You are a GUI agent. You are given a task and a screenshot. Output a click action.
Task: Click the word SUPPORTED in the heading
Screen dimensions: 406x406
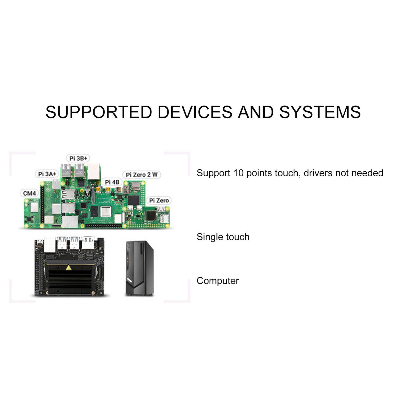coord(99,112)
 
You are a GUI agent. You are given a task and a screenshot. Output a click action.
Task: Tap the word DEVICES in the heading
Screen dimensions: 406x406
coord(195,112)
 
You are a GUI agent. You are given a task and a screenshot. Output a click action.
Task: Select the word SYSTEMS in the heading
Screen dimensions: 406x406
coord(320,112)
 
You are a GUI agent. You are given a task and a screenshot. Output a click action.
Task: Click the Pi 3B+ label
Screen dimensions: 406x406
coord(78,158)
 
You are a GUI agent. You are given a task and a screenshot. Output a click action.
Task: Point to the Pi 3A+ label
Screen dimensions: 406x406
coord(47,174)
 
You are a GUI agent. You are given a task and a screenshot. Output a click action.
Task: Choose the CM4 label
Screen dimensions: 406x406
coord(29,193)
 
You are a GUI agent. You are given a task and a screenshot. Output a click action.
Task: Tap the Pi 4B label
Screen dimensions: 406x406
coord(112,182)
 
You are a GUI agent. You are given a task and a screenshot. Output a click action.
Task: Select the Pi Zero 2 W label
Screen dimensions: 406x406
coord(142,175)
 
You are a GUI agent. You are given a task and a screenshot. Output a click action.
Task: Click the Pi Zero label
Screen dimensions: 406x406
coord(159,200)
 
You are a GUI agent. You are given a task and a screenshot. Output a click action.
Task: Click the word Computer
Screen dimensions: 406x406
coord(218,281)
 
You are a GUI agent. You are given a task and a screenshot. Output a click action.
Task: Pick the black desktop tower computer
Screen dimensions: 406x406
coord(140,268)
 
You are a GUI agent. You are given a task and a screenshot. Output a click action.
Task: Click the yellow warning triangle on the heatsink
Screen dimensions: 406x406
coord(68,267)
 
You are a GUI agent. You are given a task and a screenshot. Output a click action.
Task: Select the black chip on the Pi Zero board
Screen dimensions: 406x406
coord(151,216)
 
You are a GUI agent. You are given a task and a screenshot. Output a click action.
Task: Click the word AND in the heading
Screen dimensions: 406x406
coord(256,112)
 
